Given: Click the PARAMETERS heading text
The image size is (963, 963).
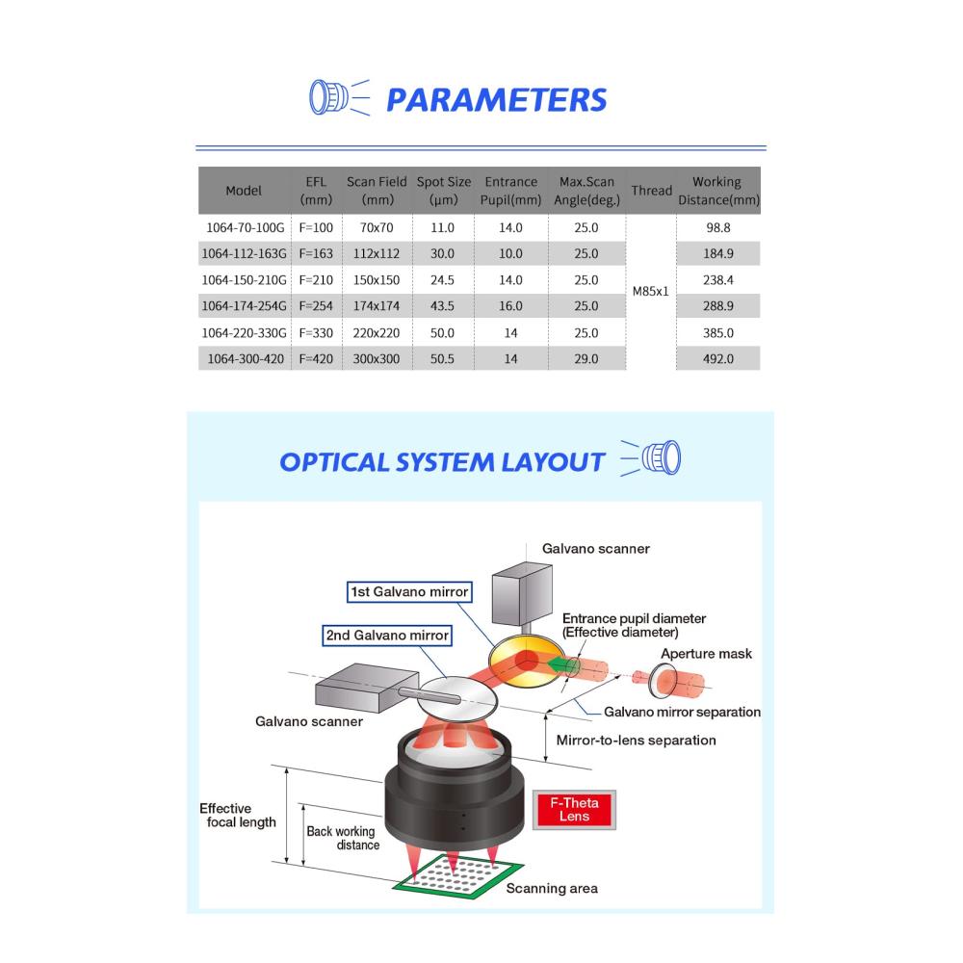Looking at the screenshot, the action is pyautogui.click(x=496, y=100).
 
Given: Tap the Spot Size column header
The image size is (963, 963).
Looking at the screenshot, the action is pyautogui.click(x=443, y=191).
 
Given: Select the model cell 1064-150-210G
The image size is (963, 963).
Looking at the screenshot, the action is pyautogui.click(x=244, y=280).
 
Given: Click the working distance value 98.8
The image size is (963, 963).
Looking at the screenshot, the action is pyautogui.click(x=718, y=228).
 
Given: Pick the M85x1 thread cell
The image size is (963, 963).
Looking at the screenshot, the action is pyautogui.click(x=650, y=291).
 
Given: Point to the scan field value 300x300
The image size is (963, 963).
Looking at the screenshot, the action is pyautogui.click(x=376, y=358).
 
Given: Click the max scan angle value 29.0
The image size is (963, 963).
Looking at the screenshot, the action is pyautogui.click(x=586, y=358).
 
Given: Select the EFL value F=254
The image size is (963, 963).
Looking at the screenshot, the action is pyautogui.click(x=316, y=306).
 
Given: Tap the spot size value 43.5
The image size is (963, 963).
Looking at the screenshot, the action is pyautogui.click(x=442, y=306).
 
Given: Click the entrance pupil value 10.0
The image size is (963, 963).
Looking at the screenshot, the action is pyautogui.click(x=510, y=253).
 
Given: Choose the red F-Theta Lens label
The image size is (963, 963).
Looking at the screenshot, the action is pyautogui.click(x=574, y=810).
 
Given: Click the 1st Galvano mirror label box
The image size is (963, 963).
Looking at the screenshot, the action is pyautogui.click(x=409, y=592).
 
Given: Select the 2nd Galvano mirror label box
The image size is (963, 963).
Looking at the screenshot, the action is pyautogui.click(x=387, y=635).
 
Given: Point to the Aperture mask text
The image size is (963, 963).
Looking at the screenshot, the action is pyautogui.click(x=706, y=654).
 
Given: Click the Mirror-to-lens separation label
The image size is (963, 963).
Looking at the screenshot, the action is pyautogui.click(x=637, y=740).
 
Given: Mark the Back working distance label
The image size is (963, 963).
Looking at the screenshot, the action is pyautogui.click(x=343, y=838).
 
